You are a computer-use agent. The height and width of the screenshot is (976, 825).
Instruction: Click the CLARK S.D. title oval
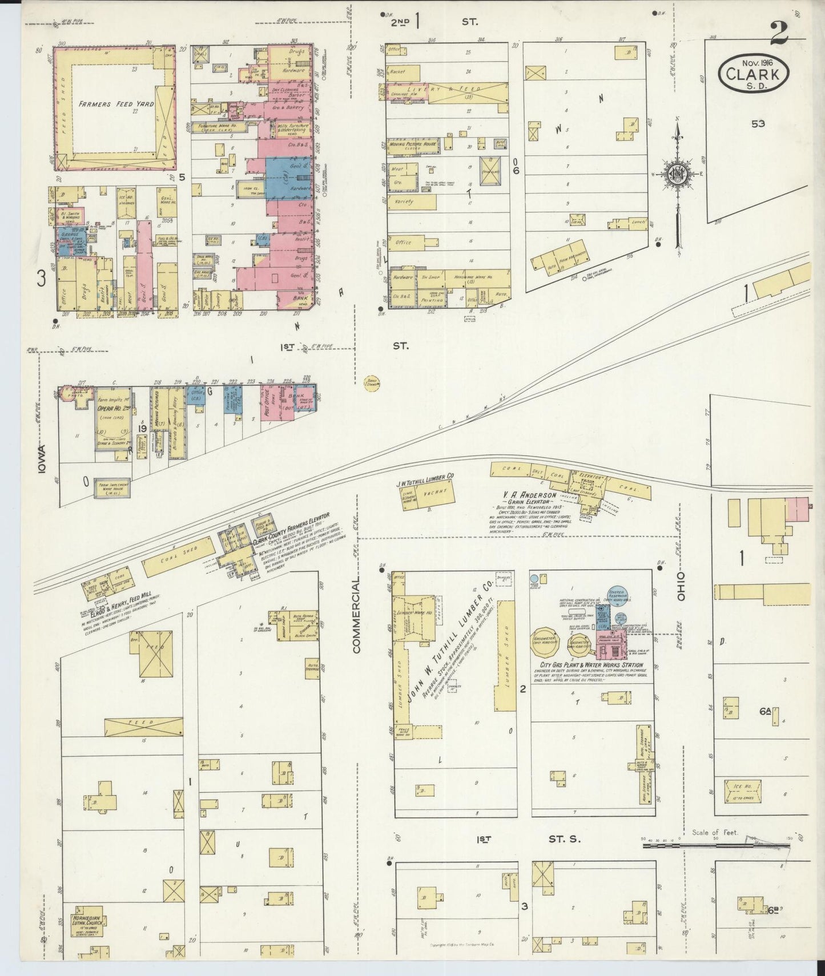pyautogui.click(x=754, y=75)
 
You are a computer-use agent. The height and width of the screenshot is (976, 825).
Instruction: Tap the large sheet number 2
pyautogui.click(x=779, y=33)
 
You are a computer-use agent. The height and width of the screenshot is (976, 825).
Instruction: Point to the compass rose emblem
pyautogui.click(x=678, y=175)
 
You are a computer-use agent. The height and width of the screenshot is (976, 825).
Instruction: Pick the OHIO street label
pyautogui.click(x=681, y=585)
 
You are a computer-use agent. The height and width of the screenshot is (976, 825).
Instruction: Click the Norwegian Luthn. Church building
pyautogui.click(x=87, y=924)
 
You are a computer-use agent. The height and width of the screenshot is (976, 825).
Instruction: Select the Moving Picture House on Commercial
pyautogui.click(x=411, y=145)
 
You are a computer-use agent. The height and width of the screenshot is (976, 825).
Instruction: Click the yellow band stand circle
pyautogui.click(x=371, y=383)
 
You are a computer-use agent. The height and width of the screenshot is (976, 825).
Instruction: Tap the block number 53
pyautogui.click(x=758, y=124)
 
